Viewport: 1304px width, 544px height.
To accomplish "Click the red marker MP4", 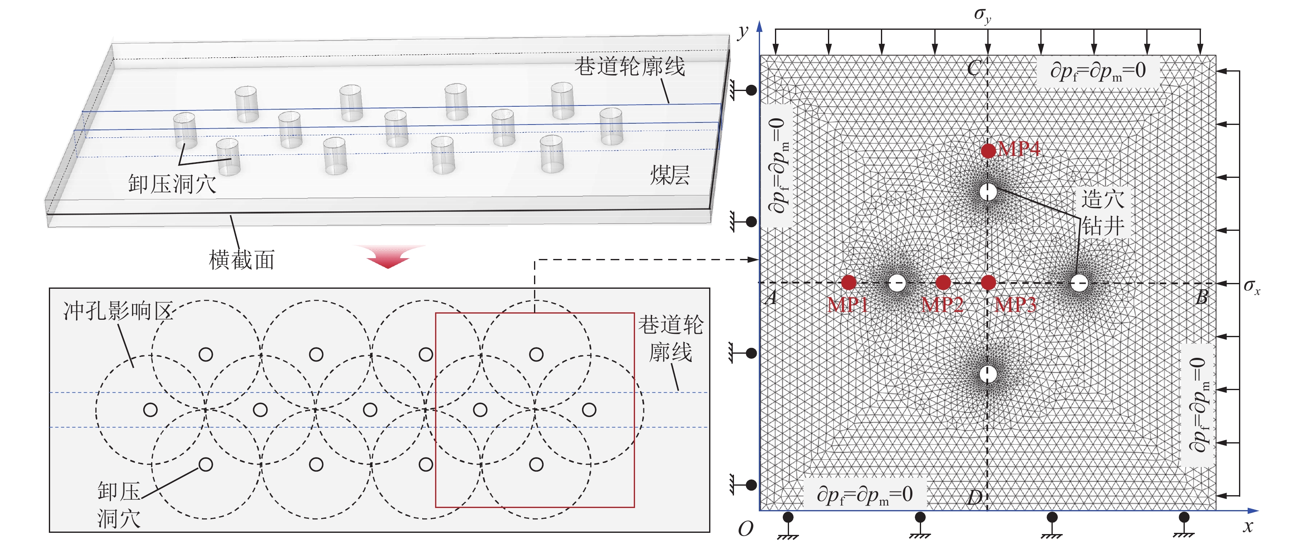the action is pyautogui.click(x=988, y=150).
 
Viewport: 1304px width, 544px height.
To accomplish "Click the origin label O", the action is pyautogui.click(x=745, y=529).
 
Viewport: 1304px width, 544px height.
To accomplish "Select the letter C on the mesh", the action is pyautogui.click(x=974, y=68).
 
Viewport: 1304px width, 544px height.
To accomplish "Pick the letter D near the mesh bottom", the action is pyautogui.click(x=974, y=498).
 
